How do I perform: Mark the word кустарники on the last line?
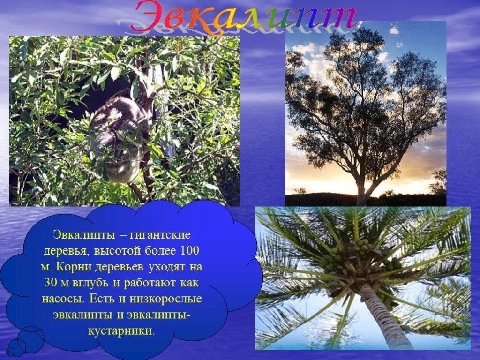coord(121,331)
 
